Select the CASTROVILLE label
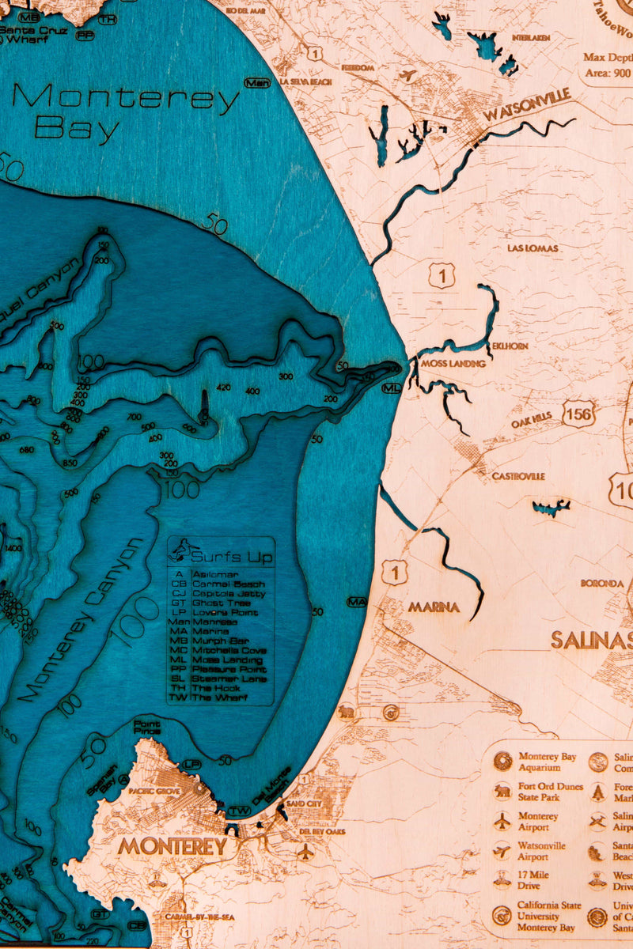518,477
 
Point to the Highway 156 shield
579,414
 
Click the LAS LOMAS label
533,248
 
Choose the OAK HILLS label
531,424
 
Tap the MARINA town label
434,607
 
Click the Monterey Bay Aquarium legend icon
502,762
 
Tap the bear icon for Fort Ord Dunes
502,792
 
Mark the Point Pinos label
146,727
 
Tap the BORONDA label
602,583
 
